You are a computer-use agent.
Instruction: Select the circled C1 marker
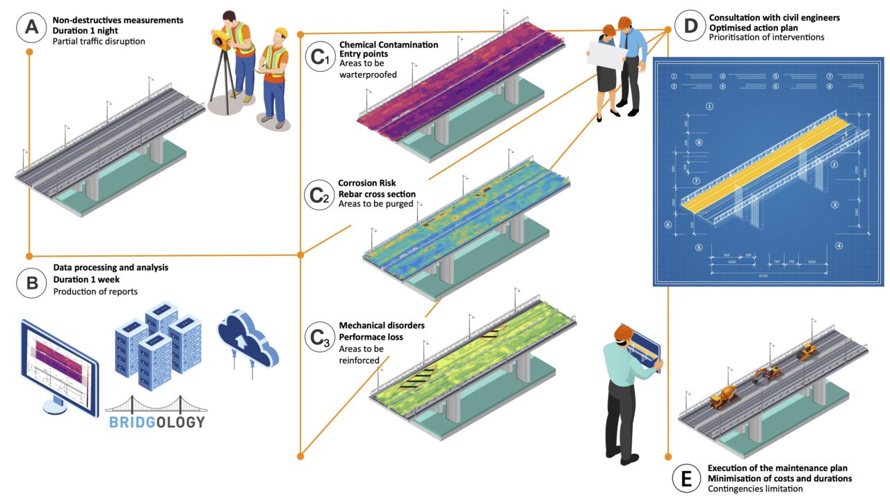pos(319,59)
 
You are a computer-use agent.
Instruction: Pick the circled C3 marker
pos(319,337)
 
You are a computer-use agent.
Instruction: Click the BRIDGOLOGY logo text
pos(156,422)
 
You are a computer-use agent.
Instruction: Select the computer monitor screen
pos(60,365)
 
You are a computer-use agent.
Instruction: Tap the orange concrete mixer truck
pos(723,397)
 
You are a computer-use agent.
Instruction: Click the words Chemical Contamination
pos(389,45)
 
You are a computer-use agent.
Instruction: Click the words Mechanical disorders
pos(382,325)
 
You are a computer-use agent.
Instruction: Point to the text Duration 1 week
pos(86,280)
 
